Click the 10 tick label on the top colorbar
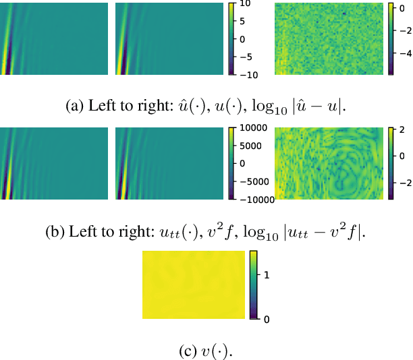pyautogui.click(x=245, y=4)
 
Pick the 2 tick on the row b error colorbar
pyautogui.click(x=400, y=130)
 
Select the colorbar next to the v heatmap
pyautogui.click(x=254, y=284)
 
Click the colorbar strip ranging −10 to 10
pyautogui.click(x=231, y=38)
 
